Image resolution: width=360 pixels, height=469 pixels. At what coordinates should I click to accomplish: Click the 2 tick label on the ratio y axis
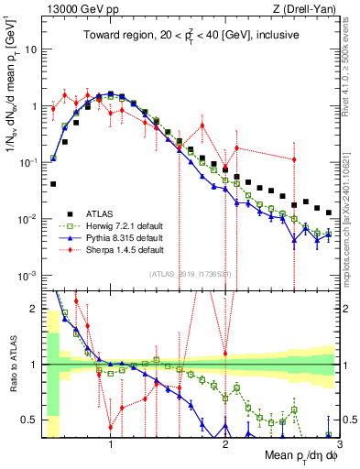(35, 309)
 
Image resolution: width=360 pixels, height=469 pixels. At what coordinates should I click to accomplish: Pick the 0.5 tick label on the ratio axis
(30, 420)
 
